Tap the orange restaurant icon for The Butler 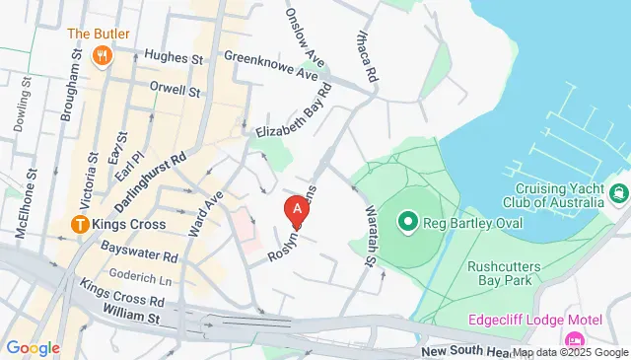[x=103, y=55]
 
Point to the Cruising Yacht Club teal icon [x=618, y=192]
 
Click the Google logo [x=33, y=348]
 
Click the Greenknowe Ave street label [x=271, y=64]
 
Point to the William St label [x=130, y=318]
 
